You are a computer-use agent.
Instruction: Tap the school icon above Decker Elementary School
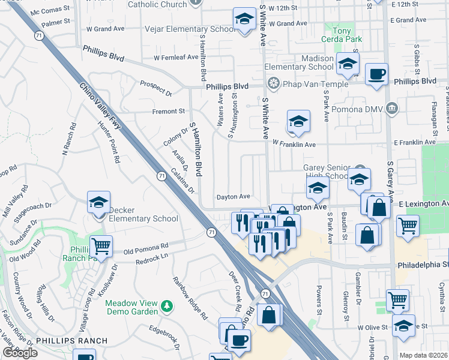[99, 202]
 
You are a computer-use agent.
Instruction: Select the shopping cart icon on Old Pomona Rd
[101, 246]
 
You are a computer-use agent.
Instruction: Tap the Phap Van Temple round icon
[274, 83]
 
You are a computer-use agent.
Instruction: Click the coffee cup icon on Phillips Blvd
[376, 74]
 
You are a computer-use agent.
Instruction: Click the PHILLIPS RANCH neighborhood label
[71, 341]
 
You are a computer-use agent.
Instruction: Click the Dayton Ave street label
[234, 196]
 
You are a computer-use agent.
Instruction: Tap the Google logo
[20, 353]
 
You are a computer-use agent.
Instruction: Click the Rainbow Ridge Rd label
[190, 298]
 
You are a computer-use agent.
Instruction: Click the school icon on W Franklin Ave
[298, 122]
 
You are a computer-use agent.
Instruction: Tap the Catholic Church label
[158, 4]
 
